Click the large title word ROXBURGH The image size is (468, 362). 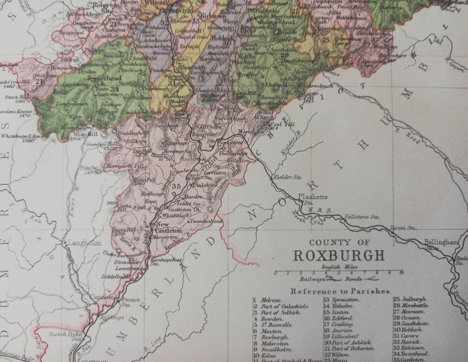(x=339, y=255)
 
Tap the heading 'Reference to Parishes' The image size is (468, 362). (x=341, y=291)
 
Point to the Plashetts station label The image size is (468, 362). (x=312, y=197)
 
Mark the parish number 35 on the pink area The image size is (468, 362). (x=176, y=186)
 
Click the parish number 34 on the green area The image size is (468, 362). (x=115, y=90)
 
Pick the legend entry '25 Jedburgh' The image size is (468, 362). (x=410, y=299)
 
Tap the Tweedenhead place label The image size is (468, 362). (x=206, y=221)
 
